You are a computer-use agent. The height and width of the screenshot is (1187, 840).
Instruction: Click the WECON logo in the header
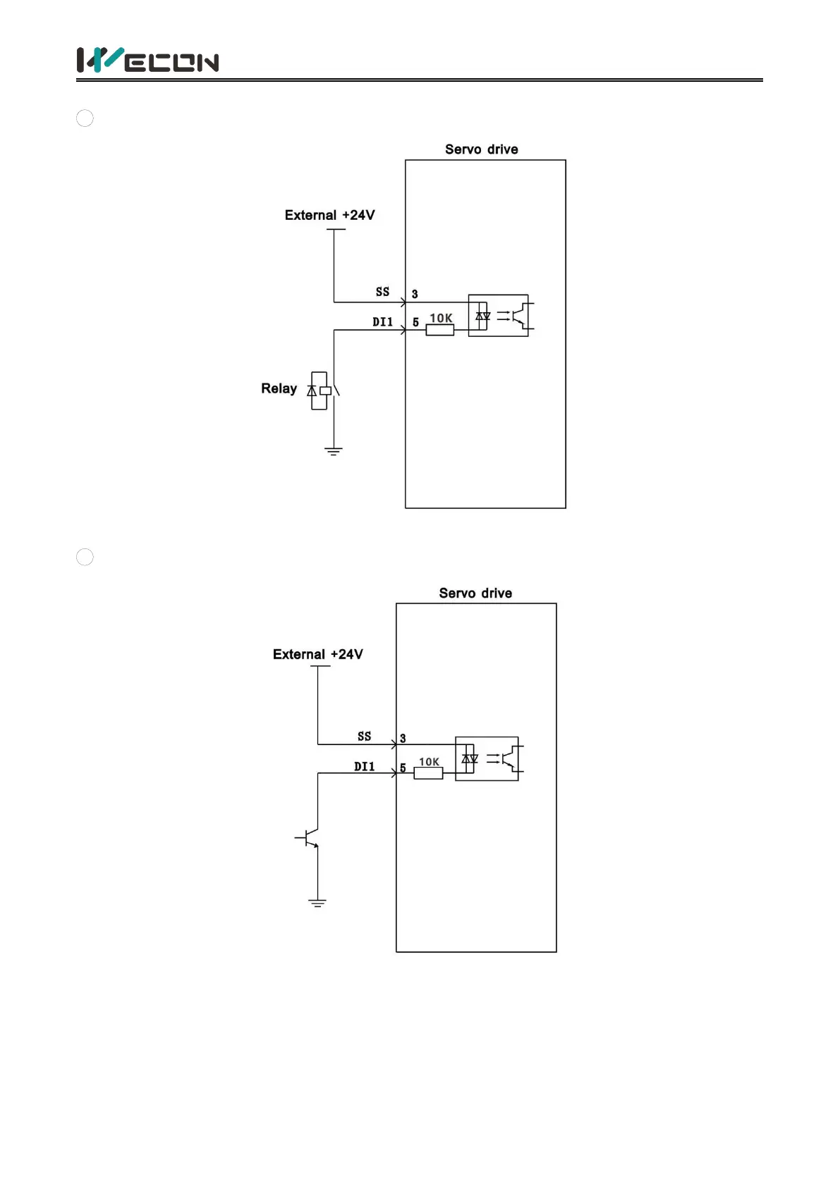tap(147, 61)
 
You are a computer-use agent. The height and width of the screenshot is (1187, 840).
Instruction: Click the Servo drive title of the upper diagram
tap(481, 149)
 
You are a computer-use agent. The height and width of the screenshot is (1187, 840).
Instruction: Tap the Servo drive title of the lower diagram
tap(475, 593)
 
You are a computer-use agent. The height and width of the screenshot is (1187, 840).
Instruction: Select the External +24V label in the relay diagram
tap(329, 216)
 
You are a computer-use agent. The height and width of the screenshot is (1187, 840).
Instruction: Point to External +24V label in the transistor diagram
tap(317, 655)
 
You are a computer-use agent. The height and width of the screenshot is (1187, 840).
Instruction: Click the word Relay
tap(279, 389)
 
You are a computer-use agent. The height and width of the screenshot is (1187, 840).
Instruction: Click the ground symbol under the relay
tap(334, 451)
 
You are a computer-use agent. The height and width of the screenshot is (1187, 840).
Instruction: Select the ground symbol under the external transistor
tap(317, 903)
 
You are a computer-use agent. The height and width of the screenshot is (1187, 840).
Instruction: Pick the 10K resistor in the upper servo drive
tap(439, 329)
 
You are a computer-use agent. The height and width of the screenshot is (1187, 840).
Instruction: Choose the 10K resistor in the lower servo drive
tap(428, 773)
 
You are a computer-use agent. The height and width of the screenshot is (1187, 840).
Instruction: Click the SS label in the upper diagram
tap(382, 292)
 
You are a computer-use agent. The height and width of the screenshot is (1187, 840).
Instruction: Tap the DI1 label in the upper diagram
tap(382, 322)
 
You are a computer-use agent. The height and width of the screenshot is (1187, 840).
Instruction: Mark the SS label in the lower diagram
tap(364, 737)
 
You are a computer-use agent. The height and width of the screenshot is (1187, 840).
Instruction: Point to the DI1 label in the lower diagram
tap(364, 767)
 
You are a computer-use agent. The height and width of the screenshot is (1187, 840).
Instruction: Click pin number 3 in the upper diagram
tap(415, 295)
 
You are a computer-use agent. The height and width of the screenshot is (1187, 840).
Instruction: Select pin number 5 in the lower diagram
tap(403, 768)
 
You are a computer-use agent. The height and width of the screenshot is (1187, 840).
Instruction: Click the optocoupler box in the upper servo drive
tap(499, 316)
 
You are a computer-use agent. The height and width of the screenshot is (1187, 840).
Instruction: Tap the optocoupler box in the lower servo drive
tap(487, 758)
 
